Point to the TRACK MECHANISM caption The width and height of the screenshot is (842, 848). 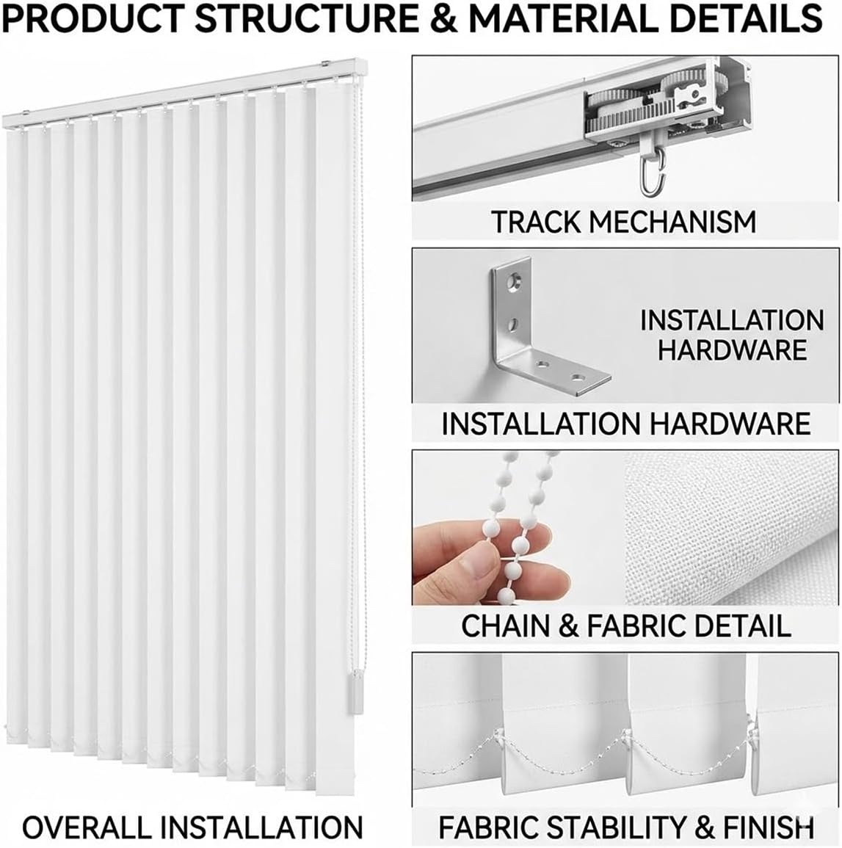click(623, 221)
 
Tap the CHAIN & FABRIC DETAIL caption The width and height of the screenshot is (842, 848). click(625, 626)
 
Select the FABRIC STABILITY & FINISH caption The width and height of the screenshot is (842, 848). click(625, 827)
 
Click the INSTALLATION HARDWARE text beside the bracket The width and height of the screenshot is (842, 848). click(731, 335)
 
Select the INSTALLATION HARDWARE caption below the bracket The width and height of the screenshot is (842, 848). click(625, 424)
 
